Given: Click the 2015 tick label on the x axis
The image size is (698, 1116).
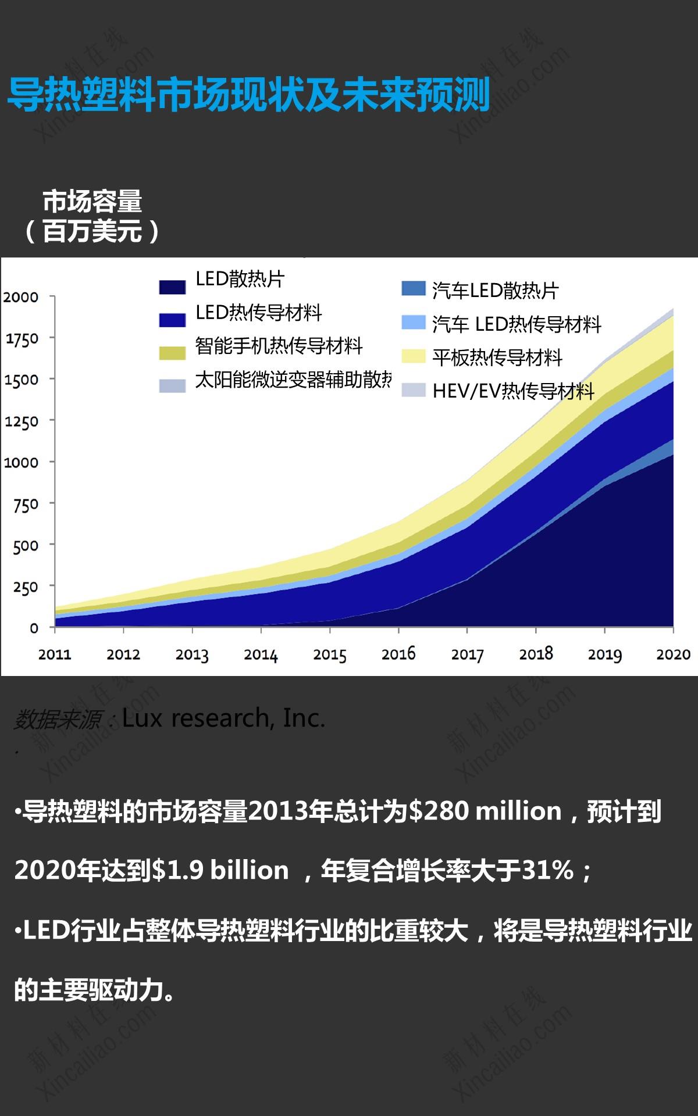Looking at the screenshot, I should click(329, 654).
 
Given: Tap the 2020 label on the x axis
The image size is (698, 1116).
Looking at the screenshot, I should click(673, 654).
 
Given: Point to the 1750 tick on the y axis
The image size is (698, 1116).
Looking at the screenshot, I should click(22, 338).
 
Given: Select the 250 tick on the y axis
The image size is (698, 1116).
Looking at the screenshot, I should click(26, 587).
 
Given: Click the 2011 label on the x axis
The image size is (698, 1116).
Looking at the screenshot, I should click(55, 654).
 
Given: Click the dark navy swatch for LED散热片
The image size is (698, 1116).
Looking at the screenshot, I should click(172, 287).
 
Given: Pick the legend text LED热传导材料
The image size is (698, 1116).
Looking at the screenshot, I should click(258, 313).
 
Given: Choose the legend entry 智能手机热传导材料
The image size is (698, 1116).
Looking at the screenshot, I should click(279, 346).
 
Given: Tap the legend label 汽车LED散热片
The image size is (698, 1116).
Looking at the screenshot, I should click(495, 291).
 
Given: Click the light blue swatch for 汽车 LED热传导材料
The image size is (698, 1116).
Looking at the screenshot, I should click(414, 323).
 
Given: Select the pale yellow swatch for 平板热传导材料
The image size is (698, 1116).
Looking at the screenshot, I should click(414, 356).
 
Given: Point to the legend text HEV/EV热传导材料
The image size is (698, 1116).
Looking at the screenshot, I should click(513, 391).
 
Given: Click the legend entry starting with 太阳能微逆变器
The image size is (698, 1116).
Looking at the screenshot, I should click(293, 380).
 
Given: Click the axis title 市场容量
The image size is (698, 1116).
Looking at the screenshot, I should click(92, 202).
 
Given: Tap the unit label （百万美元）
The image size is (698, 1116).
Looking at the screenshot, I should click(92, 231).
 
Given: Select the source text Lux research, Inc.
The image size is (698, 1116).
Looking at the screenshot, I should click(223, 718).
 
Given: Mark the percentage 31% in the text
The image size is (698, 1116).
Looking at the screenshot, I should click(547, 870).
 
